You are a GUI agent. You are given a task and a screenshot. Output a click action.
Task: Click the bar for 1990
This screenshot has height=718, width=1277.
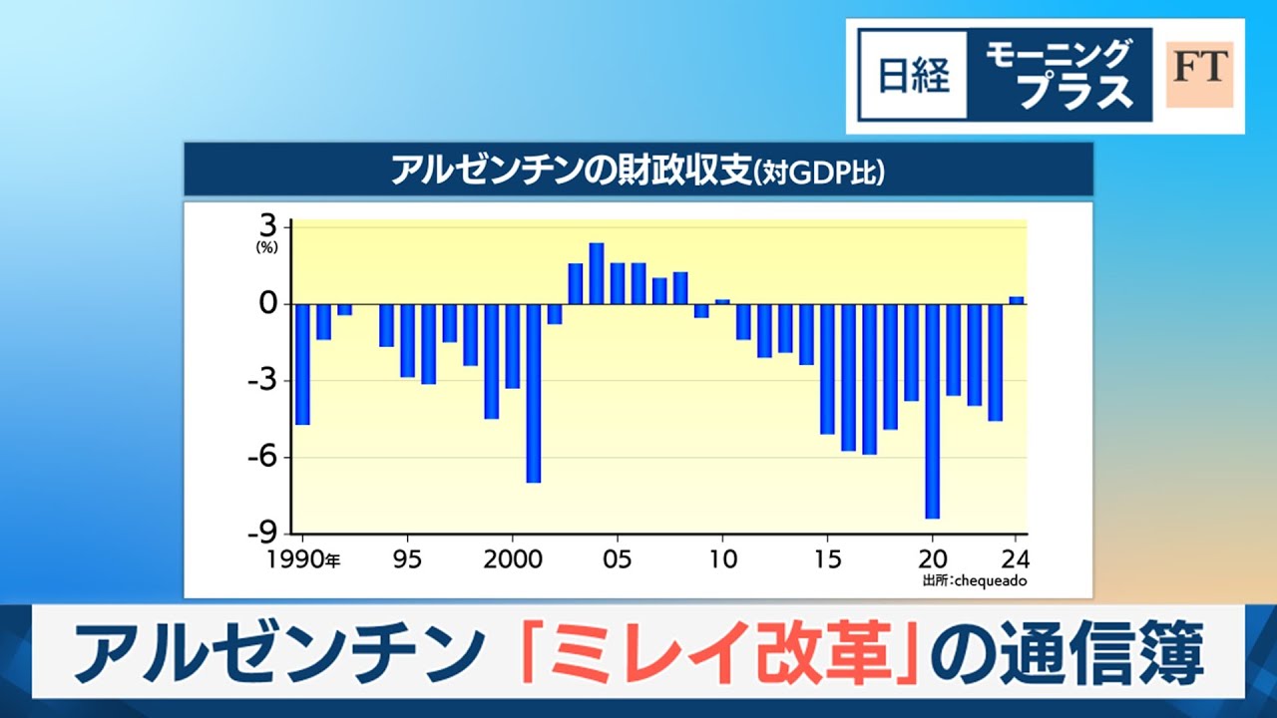pyautogui.click(x=302, y=364)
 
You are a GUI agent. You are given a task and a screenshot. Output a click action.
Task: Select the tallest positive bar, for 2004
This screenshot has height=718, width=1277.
pyautogui.click(x=597, y=273)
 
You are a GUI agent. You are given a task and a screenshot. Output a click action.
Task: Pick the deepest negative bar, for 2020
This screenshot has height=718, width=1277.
pyautogui.click(x=932, y=411)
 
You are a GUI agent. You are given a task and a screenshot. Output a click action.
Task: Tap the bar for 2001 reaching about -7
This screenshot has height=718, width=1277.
pyautogui.click(x=534, y=393)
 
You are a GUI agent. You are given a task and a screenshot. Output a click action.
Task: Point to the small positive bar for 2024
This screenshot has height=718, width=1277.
pyautogui.click(x=1017, y=300)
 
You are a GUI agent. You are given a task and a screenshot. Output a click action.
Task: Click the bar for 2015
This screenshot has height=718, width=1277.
pyautogui.click(x=827, y=369)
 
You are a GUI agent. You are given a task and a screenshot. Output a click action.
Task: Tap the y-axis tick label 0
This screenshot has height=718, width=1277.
pyautogui.click(x=267, y=304)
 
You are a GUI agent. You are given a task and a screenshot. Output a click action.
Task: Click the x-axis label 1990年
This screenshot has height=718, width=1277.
pyautogui.click(x=303, y=559)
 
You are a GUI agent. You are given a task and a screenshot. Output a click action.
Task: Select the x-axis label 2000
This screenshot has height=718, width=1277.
pyautogui.click(x=512, y=559)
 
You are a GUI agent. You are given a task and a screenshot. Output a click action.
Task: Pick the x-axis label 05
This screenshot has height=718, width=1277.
pyautogui.click(x=618, y=559)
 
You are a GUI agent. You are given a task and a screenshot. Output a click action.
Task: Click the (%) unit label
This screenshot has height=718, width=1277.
pyautogui.click(x=266, y=248)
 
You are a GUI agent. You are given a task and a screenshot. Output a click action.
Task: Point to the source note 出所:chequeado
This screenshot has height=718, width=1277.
pyautogui.click(x=975, y=580)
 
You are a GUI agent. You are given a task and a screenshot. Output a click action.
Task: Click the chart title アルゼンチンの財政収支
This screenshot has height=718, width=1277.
pyautogui.click(x=568, y=171)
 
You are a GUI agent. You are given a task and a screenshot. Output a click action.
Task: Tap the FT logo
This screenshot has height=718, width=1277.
pyautogui.click(x=1199, y=74)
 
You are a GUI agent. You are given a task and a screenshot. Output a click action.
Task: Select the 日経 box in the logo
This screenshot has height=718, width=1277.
pyautogui.click(x=913, y=76)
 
